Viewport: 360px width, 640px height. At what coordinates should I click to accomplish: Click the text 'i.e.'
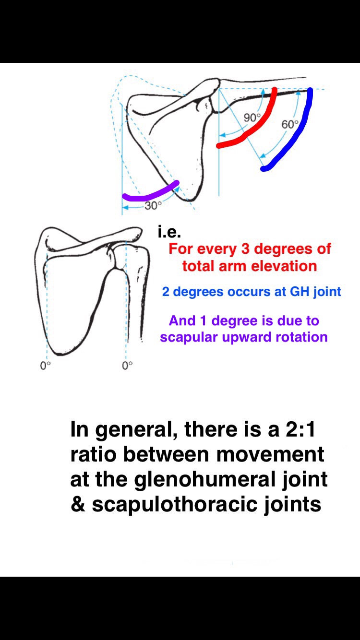[169, 233]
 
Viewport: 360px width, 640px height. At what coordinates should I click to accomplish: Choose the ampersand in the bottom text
[78, 505]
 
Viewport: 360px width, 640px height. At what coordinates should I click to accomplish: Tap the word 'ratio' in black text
[92, 454]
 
